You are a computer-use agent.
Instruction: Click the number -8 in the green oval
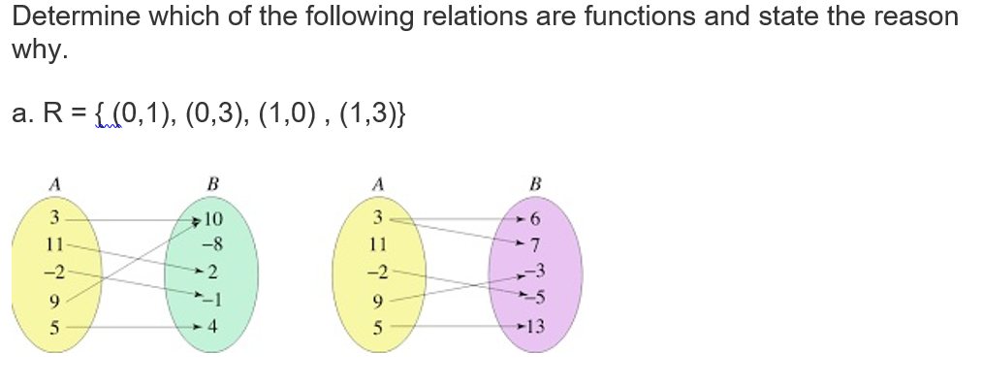tap(213, 243)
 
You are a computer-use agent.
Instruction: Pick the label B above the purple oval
tap(536, 181)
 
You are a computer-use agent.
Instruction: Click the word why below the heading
tap(37, 50)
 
